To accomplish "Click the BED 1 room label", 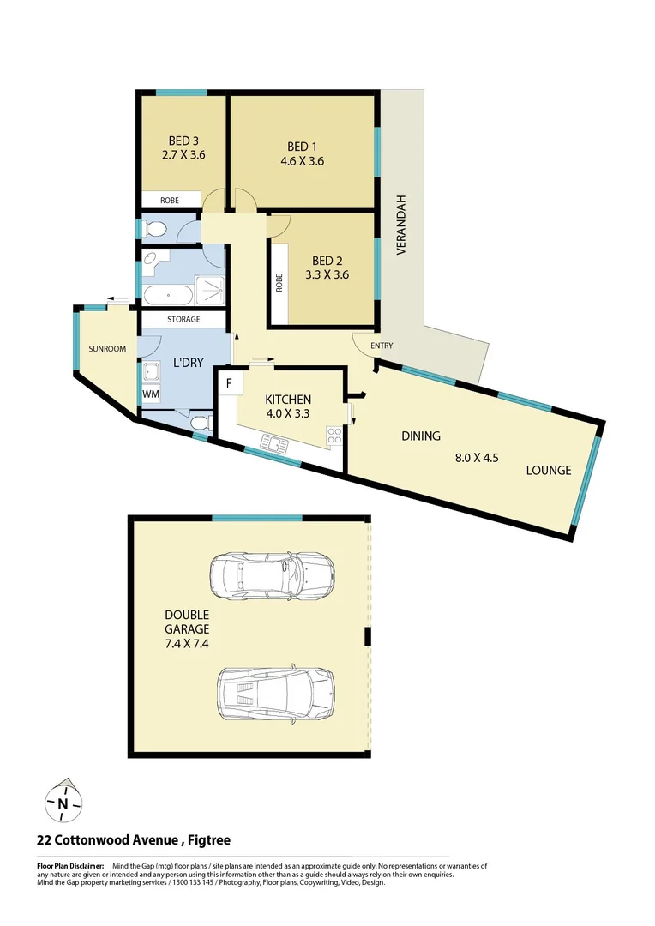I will pos(303,147).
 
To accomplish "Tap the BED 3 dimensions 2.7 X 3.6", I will pos(183,156).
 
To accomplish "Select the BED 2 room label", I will pos(327,261).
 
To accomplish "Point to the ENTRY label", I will pos(382,346).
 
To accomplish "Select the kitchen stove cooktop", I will pos(334,438).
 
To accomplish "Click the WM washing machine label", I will pos(151,394).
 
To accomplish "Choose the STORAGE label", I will pos(183,320).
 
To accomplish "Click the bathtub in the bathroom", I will pos(168,297).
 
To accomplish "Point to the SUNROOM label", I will pos(107,349).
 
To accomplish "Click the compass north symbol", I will pos(63,803).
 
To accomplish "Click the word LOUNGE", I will pos(549,470).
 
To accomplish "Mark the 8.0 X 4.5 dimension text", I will pos(477,458).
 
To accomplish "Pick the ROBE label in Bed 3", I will pos(170,200).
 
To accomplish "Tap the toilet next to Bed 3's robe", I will pos(155,229).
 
